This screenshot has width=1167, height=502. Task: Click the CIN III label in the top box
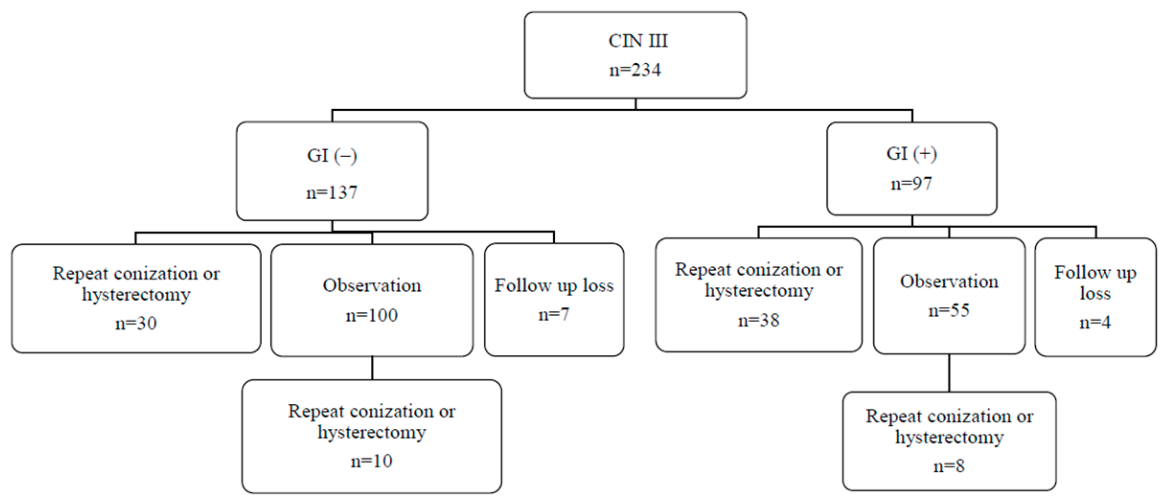(x=638, y=41)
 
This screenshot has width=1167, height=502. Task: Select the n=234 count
(x=635, y=70)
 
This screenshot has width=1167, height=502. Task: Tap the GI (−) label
(x=332, y=156)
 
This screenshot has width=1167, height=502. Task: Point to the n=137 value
(x=332, y=193)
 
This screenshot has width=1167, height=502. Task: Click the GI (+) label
(x=912, y=154)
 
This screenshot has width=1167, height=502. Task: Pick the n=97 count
(x=911, y=183)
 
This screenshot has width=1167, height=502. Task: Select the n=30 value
(x=136, y=323)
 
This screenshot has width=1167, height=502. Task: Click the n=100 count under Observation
(x=372, y=315)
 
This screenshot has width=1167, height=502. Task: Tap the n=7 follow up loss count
(x=554, y=314)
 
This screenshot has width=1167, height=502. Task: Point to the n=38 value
(x=759, y=320)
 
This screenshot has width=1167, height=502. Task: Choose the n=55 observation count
(x=949, y=310)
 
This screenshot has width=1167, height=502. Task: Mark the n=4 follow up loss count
(x=1095, y=322)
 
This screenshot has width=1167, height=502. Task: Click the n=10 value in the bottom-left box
(x=372, y=461)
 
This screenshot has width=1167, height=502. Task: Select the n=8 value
(x=949, y=466)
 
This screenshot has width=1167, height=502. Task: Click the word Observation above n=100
(x=372, y=285)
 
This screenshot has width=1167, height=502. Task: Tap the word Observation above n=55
(x=949, y=282)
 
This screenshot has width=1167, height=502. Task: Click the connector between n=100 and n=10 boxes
(x=372, y=368)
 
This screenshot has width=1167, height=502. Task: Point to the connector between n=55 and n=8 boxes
(x=950, y=373)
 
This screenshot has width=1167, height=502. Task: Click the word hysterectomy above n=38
(x=759, y=291)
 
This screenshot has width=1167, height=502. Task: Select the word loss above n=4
(x=1095, y=293)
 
